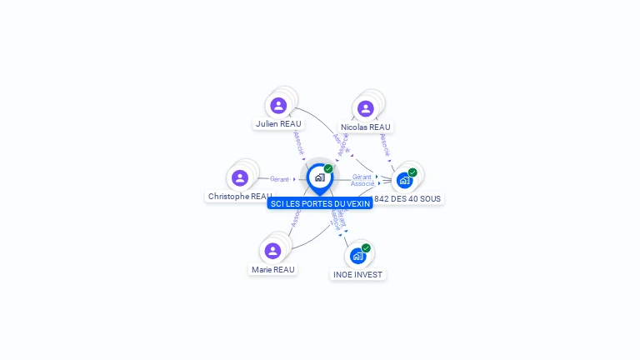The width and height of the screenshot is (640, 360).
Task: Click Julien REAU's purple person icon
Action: click(278, 106)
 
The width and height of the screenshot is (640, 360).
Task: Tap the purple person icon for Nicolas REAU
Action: click(365, 108)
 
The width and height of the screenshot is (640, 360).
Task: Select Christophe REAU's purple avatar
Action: click(240, 177)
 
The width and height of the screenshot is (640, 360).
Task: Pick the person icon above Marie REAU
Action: click(272, 251)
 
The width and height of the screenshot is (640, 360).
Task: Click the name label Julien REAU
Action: click(278, 124)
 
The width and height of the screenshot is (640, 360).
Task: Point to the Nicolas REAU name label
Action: click(365, 127)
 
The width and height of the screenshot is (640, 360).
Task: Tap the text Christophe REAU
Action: click(239, 197)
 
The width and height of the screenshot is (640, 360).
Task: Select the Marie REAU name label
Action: click(273, 270)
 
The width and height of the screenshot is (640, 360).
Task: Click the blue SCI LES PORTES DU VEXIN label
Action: click(320, 203)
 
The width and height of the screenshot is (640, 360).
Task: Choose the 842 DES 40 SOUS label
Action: click(407, 199)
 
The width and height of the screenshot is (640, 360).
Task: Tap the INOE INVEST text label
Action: click(358, 275)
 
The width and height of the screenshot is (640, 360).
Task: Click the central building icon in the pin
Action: click(319, 177)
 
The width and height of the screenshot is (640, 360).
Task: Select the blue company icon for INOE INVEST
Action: click(358, 256)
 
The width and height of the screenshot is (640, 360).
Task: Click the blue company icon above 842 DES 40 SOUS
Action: click(404, 180)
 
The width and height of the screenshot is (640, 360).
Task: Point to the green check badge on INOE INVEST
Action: click(366, 247)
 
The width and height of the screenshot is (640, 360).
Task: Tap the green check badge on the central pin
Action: click(328, 168)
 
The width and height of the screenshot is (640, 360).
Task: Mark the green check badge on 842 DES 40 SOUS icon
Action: click(412, 172)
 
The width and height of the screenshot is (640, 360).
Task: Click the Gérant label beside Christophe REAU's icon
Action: click(279, 179)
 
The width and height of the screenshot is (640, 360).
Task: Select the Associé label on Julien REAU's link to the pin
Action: click(298, 142)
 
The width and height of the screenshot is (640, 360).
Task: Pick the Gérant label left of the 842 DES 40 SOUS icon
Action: click(362, 177)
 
